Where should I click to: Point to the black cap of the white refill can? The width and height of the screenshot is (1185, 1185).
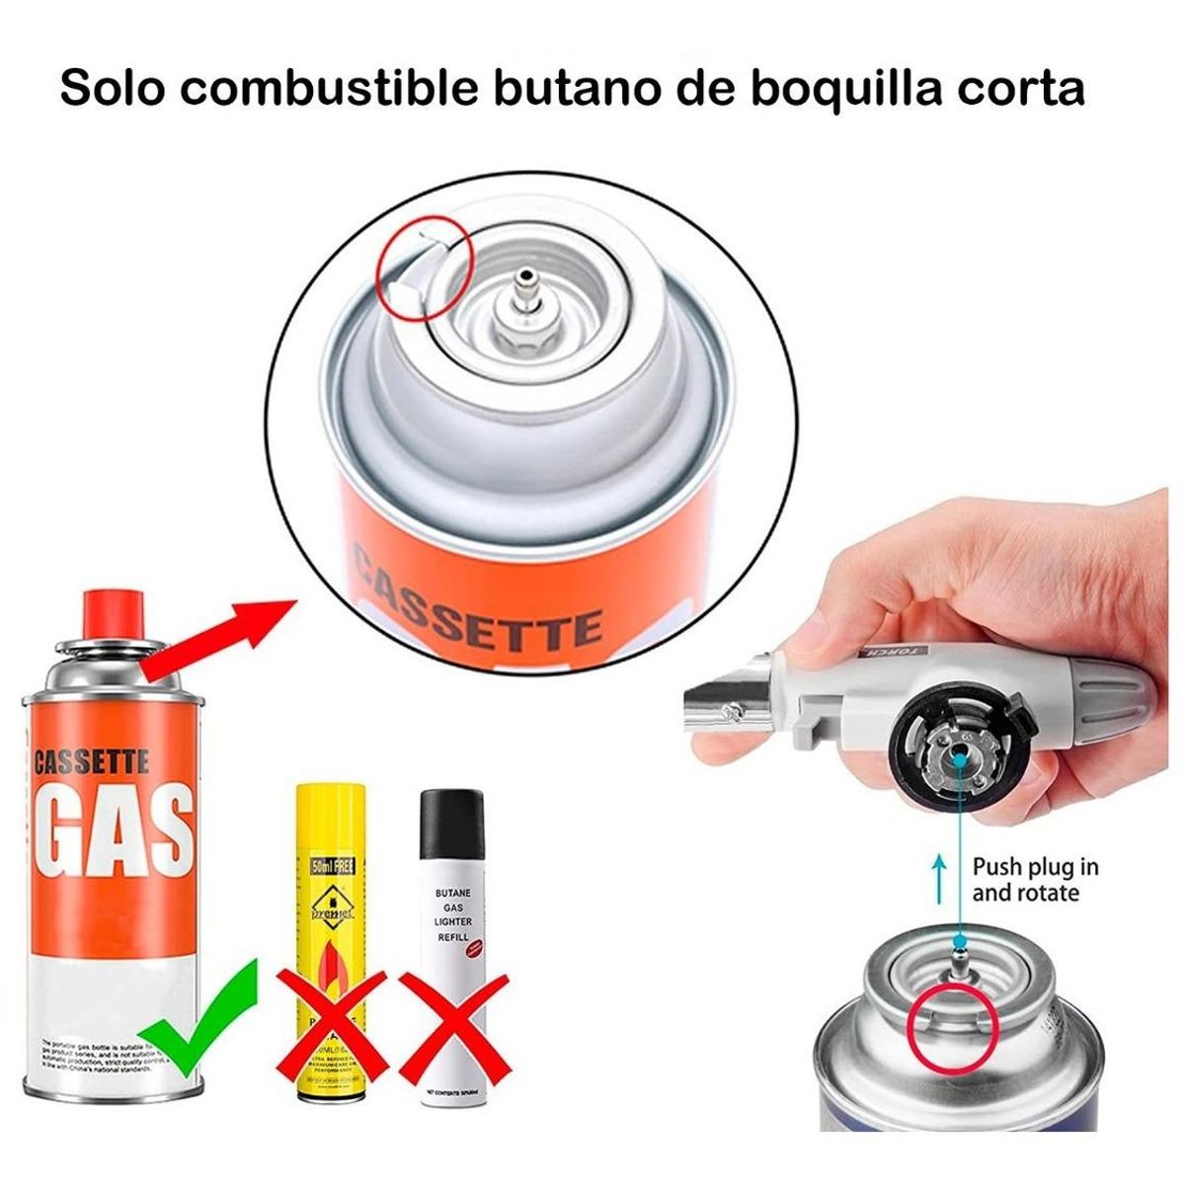click(x=452, y=825)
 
